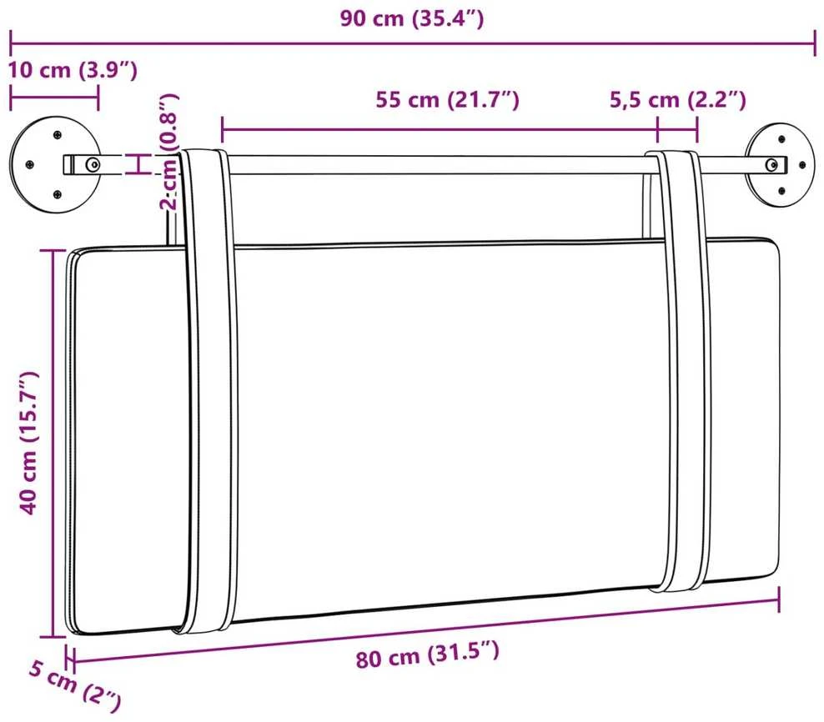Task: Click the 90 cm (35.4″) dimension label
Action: tap(411, 18)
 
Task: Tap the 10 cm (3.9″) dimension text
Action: tap(73, 70)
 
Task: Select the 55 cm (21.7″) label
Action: tap(447, 99)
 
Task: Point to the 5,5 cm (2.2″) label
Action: tap(677, 99)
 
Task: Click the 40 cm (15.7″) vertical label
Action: tap(28, 443)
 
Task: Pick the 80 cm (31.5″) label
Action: tap(427, 654)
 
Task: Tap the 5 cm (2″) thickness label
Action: tap(74, 686)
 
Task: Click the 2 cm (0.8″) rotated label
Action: tap(169, 152)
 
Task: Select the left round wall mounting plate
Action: tap(55, 164)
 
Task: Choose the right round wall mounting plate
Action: tap(780, 165)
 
